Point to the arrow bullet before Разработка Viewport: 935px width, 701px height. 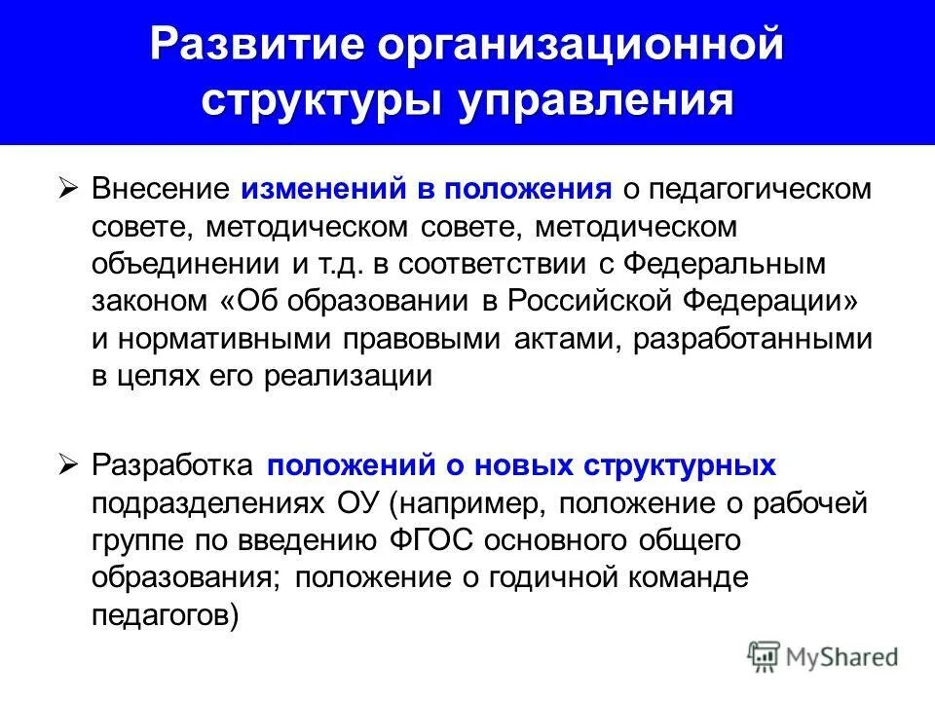tap(68, 466)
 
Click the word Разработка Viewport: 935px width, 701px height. tap(173, 466)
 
